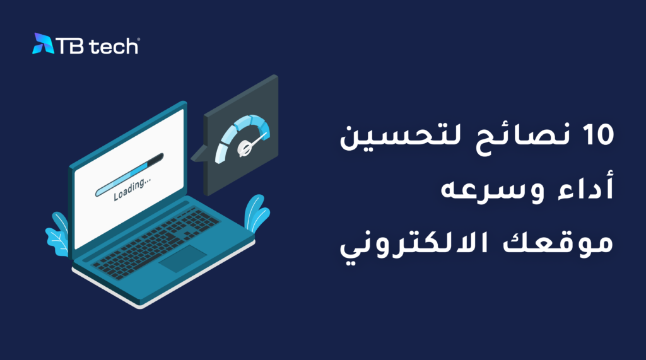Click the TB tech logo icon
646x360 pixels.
pyautogui.click(x=43, y=44)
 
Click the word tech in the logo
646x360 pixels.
pyautogui.click(x=114, y=46)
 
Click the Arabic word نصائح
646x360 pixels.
pyautogui.click(x=523, y=137)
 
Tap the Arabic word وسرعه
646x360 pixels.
pyautogui.click(x=493, y=190)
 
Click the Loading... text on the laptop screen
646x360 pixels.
pyautogui.click(x=132, y=189)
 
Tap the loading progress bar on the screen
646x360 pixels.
pyautogui.click(x=129, y=175)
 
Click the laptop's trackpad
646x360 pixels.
pyautogui.click(x=183, y=258)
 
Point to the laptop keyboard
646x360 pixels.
pyautogui.click(x=156, y=242)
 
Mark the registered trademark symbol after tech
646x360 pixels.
pyautogui.click(x=138, y=40)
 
